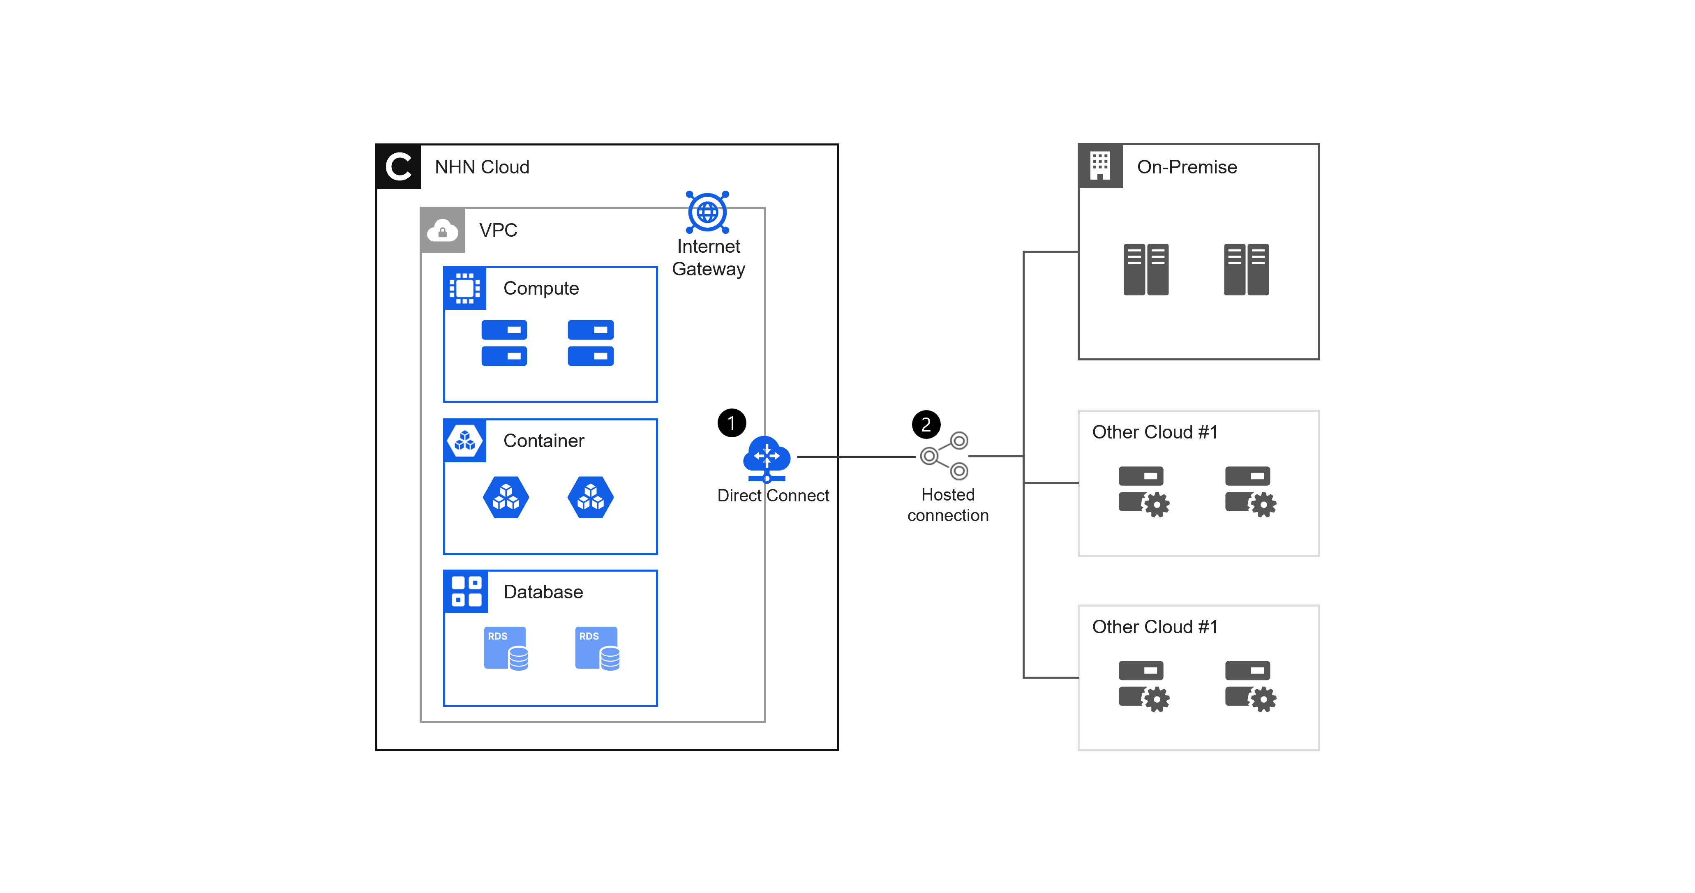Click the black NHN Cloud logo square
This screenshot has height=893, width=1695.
(x=398, y=166)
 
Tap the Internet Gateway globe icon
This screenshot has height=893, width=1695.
(x=707, y=212)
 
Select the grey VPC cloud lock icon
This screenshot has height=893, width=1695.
(x=443, y=230)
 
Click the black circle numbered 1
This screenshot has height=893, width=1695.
(x=732, y=422)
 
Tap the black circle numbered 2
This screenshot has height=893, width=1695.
(x=926, y=425)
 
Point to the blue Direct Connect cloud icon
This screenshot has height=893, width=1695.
(x=767, y=459)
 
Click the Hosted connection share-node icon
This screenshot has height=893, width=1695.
(x=944, y=455)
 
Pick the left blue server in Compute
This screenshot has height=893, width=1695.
(x=504, y=343)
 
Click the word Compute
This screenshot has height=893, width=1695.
(x=541, y=288)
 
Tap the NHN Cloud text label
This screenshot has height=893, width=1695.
(x=482, y=167)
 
